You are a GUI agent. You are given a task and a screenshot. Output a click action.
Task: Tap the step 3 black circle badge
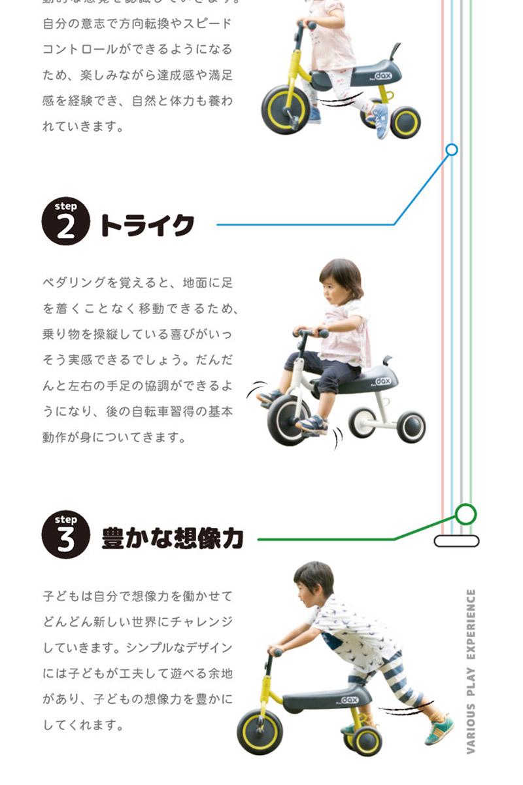pyautogui.click(x=65, y=535)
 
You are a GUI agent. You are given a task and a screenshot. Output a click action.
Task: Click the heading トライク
pyautogui.click(x=146, y=225)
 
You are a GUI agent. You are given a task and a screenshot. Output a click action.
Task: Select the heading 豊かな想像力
pyautogui.click(x=173, y=538)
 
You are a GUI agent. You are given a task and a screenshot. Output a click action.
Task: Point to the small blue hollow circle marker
pyautogui.click(x=451, y=150)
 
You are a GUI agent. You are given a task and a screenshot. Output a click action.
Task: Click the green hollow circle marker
pyautogui.click(x=465, y=514)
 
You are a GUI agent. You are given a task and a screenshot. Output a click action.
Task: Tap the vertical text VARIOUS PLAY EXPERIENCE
pyautogui.click(x=471, y=671)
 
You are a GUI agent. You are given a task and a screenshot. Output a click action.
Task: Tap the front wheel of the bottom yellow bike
pyautogui.click(x=260, y=731)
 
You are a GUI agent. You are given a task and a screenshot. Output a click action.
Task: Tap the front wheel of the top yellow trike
pyautogui.click(x=284, y=109)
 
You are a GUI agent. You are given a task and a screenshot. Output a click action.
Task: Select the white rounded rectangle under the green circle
pyautogui.click(x=456, y=541)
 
